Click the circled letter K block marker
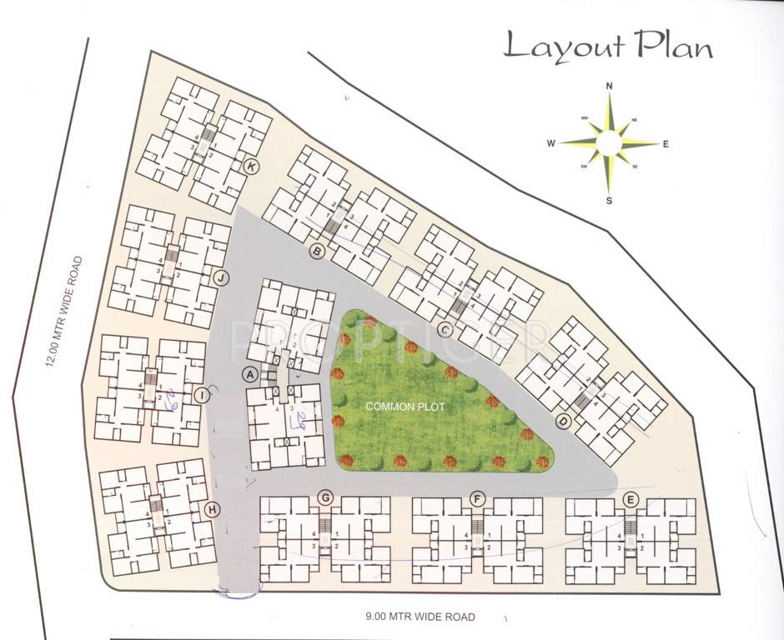click(x=249, y=167)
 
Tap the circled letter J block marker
click(x=221, y=277)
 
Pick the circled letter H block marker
click(x=213, y=509)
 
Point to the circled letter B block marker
click(x=316, y=251)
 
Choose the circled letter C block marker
click(x=445, y=329)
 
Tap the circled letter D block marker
click(x=563, y=422)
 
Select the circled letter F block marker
click(x=477, y=498)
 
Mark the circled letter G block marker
click(x=326, y=498)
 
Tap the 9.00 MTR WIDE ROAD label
click(x=420, y=617)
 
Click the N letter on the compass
click(x=610, y=86)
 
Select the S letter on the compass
click(x=610, y=201)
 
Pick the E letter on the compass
click(x=666, y=143)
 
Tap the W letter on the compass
click(x=551, y=143)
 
